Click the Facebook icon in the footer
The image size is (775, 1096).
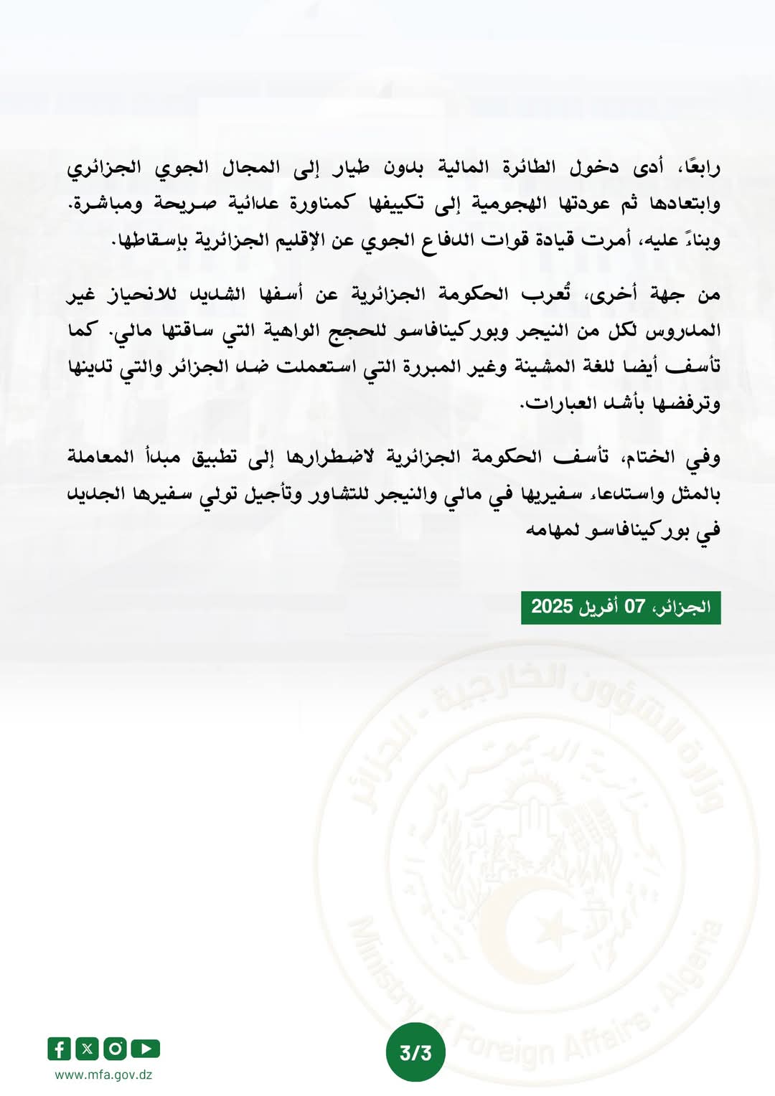[59, 1049]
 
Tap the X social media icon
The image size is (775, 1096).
[87, 1049]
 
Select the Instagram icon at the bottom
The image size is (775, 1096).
[115, 1049]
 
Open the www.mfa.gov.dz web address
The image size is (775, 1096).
[103, 1074]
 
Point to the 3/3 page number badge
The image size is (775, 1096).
[415, 1052]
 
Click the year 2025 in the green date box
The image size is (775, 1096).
[552, 607]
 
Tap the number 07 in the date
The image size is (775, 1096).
[634, 607]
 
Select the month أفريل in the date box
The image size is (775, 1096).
[598, 607]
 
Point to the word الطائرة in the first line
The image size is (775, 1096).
[527, 168]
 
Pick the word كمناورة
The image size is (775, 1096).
[322, 204]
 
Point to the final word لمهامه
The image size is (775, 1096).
[553, 531]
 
